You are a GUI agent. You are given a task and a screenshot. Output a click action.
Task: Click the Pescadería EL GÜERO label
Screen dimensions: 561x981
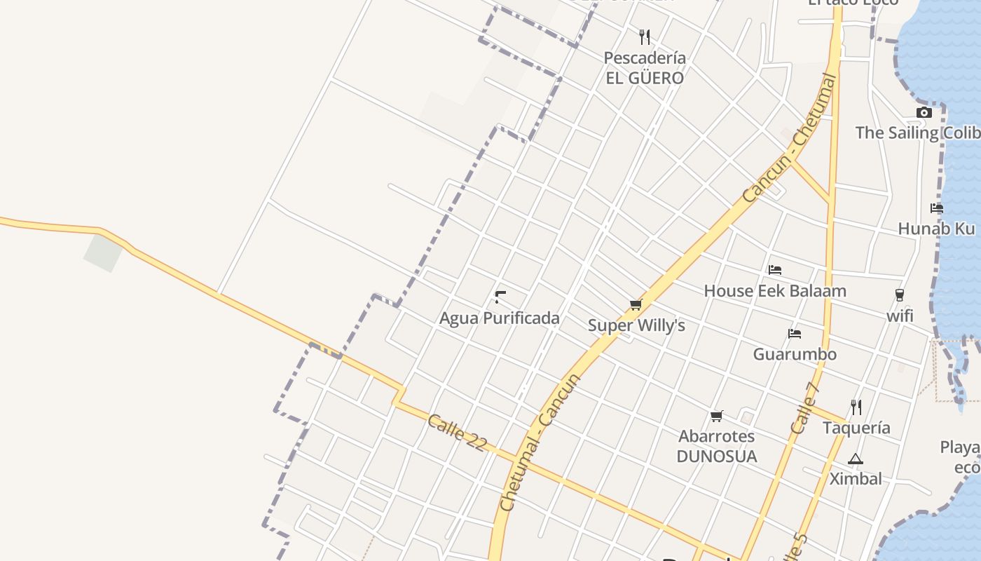(645, 68)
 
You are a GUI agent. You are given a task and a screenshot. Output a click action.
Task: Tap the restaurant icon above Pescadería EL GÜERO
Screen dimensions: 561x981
(645, 36)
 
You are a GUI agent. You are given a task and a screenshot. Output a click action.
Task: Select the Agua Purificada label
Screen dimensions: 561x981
(500, 318)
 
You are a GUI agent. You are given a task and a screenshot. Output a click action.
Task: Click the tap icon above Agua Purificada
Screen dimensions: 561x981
(500, 297)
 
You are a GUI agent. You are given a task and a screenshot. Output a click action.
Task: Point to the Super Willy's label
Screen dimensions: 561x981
(636, 325)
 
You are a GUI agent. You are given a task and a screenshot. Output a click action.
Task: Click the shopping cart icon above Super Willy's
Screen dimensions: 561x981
(636, 304)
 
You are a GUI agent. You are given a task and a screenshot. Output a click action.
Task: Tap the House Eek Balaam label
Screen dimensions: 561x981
(775, 291)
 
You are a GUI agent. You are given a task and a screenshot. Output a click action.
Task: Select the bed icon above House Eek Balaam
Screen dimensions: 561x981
(775, 269)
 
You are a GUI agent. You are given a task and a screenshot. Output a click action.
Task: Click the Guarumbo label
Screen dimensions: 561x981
(795, 354)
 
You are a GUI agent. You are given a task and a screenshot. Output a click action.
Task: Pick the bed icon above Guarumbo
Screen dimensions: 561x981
(795, 333)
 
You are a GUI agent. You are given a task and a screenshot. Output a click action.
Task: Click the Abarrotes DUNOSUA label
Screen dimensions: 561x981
(717, 447)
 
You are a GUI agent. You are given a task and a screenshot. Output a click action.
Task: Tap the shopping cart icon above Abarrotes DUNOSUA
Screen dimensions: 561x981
(717, 416)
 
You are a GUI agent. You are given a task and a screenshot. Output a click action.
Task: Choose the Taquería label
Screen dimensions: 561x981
(856, 428)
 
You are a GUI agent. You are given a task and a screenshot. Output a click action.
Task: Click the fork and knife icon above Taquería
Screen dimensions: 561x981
(856, 407)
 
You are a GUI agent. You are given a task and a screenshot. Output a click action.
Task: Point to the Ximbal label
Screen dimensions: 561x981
(856, 479)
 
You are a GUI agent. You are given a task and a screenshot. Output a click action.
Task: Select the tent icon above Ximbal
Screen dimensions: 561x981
(856, 459)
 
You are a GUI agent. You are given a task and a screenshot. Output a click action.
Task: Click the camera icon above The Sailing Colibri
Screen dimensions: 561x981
(924, 112)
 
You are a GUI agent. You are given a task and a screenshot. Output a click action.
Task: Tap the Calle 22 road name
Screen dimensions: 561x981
(456, 433)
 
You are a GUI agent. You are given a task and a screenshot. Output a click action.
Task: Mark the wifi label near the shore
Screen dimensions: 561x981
(900, 316)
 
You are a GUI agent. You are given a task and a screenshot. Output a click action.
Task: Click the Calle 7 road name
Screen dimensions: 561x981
(804, 408)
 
